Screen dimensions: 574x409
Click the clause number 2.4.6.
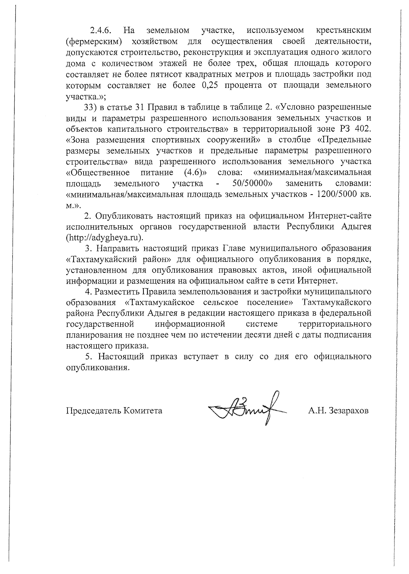pyautogui.click(x=101, y=31)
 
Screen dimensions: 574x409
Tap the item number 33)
pyautogui.click(x=91, y=107)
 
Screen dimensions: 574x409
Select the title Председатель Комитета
pyautogui.click(x=114, y=411)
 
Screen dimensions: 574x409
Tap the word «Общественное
pyautogui.click(x=97, y=173)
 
